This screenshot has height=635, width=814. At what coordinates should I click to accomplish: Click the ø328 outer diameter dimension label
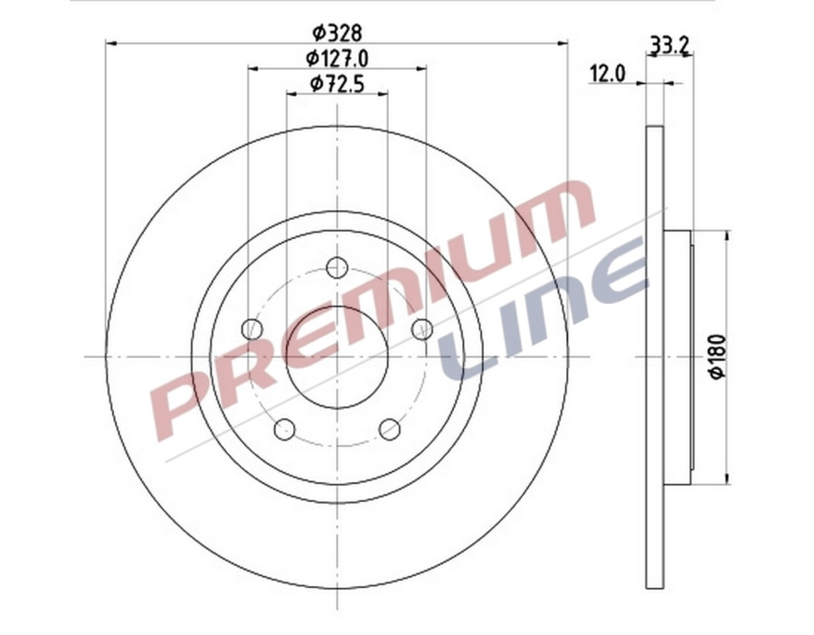pos(337,33)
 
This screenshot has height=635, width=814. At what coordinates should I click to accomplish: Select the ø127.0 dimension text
pos(337,58)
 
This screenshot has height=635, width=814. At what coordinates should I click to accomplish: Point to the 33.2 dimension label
pos(666,43)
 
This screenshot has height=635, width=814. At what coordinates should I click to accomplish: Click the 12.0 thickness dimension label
pos(608,74)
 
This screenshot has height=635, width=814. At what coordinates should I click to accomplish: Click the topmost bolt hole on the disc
pos(337,268)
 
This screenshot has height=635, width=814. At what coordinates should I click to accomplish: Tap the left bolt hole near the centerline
pos(253,329)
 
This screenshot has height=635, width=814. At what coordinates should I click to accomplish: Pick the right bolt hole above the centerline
pos(421,329)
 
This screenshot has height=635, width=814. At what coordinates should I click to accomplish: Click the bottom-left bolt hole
pos(285,429)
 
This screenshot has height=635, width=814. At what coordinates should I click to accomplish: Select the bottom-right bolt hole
pos(390,429)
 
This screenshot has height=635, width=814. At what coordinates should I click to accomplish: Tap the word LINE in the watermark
pos(543,308)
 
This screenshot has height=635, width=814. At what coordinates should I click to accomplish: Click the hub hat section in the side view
pos(678,357)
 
